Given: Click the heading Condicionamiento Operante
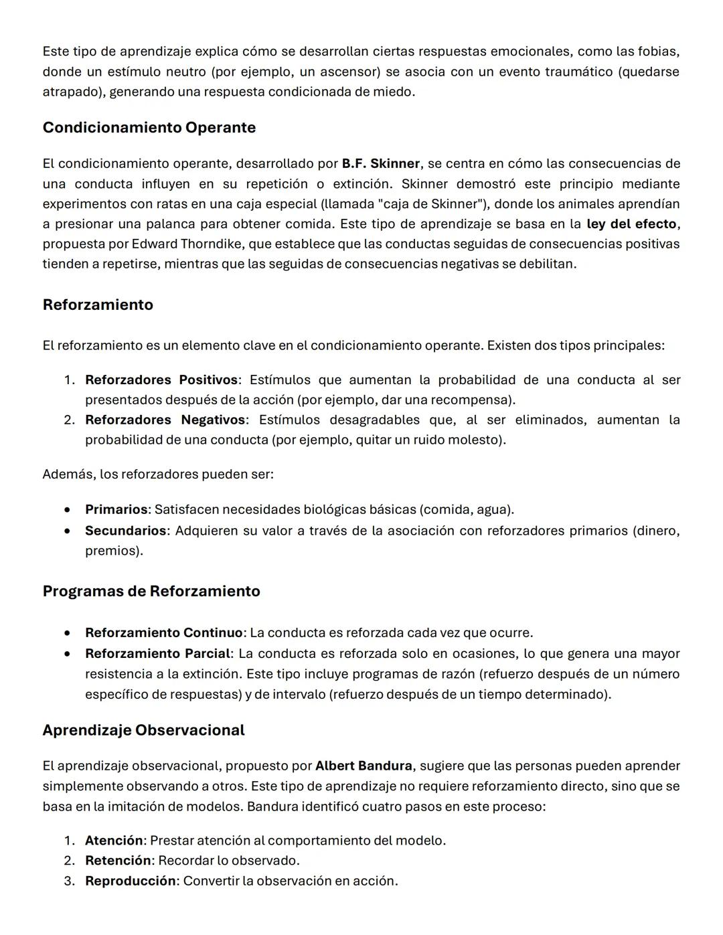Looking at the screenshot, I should (x=149, y=127).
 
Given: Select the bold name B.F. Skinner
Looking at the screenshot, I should (x=380, y=163).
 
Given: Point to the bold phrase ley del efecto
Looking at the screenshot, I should (x=631, y=224).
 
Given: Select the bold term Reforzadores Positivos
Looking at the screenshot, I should (x=161, y=379).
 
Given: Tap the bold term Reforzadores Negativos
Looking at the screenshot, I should (x=165, y=420).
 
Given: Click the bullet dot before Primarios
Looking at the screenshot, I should (x=68, y=510).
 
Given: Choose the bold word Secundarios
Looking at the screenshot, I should (x=125, y=531).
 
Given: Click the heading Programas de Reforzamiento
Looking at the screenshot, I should (x=151, y=591).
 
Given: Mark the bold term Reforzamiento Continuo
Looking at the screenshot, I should (x=163, y=632).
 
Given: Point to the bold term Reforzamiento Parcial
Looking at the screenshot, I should (x=157, y=653).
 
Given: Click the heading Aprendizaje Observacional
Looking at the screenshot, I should (x=143, y=730).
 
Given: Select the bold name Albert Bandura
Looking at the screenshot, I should (x=364, y=766).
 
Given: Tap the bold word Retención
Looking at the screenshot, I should (x=118, y=860).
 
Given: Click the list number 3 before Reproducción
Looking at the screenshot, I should (x=69, y=881).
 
